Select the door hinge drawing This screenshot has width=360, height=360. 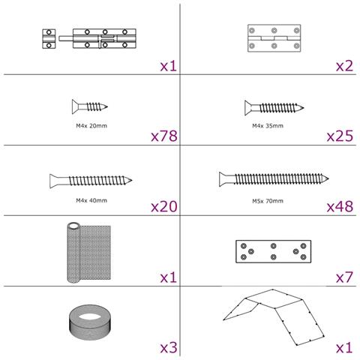[x=274, y=38]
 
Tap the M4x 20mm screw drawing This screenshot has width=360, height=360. [x=90, y=106]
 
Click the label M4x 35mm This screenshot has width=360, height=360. [x=268, y=126]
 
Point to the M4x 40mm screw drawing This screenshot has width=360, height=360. [x=91, y=181]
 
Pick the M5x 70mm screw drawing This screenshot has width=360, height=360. [x=274, y=179]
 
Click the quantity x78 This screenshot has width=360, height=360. [x=164, y=136]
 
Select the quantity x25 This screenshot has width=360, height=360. [x=340, y=136]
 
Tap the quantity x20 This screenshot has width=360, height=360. [x=164, y=207]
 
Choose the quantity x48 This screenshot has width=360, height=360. [x=340, y=207]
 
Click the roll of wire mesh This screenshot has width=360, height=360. [x=88, y=253]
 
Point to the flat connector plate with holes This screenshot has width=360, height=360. [x=274, y=251]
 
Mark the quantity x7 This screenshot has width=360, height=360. [x=344, y=277]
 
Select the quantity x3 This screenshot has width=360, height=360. [x=169, y=348]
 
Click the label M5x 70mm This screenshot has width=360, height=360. [x=268, y=201]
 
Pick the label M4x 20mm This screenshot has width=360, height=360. [x=91, y=126]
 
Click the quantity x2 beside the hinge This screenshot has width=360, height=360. [x=344, y=66]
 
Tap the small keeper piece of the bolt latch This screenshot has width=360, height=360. [x=49, y=39]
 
